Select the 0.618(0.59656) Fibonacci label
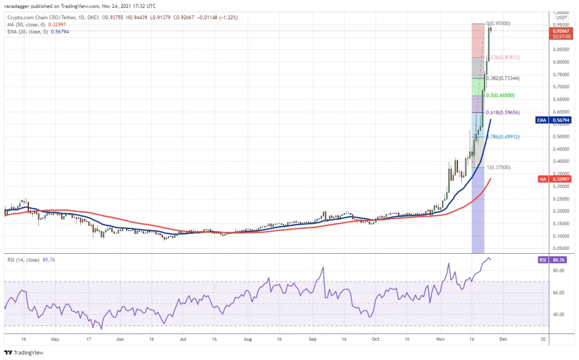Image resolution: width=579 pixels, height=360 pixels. pyautogui.click(x=504, y=112)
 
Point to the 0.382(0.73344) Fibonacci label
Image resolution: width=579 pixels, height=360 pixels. pyautogui.click(x=502, y=79)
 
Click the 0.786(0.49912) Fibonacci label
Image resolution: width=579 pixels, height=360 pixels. pyautogui.click(x=503, y=137)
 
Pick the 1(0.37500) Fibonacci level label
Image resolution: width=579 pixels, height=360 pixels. pyautogui.click(x=500, y=167)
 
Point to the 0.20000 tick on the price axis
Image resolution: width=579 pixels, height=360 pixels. pyautogui.click(x=560, y=211)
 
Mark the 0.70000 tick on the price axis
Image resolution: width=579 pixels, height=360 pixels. pyautogui.click(x=560, y=87)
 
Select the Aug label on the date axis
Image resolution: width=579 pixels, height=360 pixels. pyautogui.click(x=247, y=340)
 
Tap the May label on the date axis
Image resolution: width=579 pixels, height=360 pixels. pyautogui.click(x=55, y=340)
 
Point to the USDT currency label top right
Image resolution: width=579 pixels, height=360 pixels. pyautogui.click(x=561, y=18)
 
